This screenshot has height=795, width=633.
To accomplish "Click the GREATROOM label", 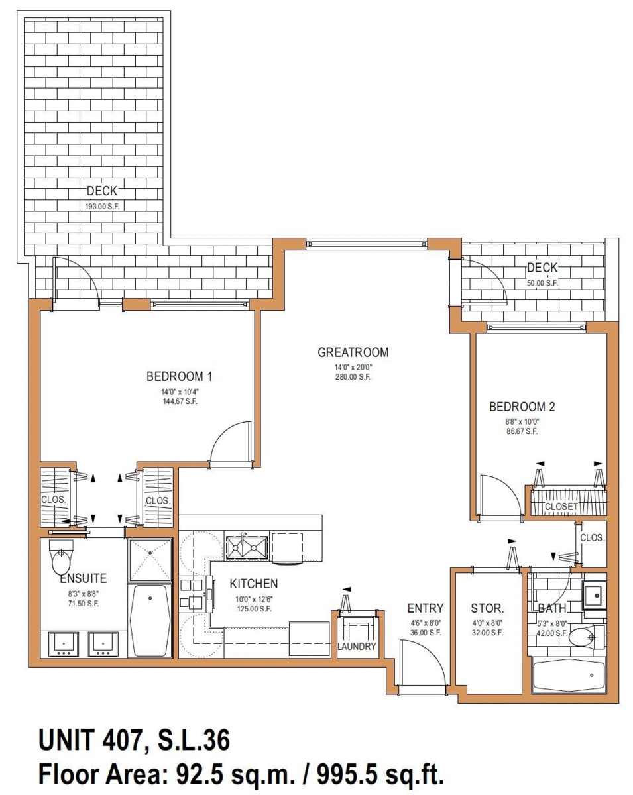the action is pos(353,352).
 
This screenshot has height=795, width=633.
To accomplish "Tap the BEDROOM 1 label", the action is pos(180,376).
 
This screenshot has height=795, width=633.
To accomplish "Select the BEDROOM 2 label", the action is pos(522,407).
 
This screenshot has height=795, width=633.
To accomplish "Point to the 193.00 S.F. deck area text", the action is pos(103,207).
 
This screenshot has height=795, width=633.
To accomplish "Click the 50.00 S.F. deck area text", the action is pos(542,284).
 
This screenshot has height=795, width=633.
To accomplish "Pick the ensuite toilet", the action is pos(61,556).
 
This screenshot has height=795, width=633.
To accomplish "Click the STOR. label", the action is pos(487,608).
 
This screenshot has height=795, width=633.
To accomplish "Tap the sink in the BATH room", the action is pos(595,595).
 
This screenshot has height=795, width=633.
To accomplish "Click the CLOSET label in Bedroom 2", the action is pos(561,506).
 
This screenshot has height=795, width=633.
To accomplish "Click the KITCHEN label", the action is pos(254,584).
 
